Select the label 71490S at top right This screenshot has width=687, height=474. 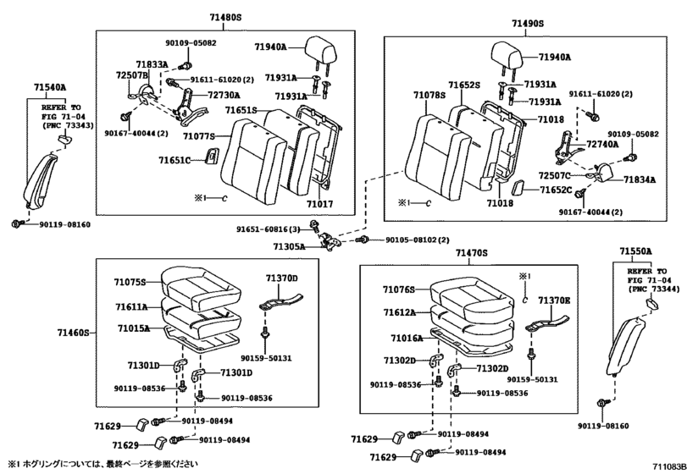528,23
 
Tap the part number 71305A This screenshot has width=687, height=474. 289,246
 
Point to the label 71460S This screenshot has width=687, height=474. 73,333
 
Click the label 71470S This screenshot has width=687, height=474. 471,253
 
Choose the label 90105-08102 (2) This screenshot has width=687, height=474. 417,240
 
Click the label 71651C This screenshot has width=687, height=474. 175,160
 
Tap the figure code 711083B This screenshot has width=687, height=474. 668,466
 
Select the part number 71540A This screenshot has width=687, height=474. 50,87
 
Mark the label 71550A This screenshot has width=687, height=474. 635,251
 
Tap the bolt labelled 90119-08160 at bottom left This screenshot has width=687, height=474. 18,223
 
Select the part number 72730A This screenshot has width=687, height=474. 224,95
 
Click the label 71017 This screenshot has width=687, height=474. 319,203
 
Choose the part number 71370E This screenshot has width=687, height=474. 554,300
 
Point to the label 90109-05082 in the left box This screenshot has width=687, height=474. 191,43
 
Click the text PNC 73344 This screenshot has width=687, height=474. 655,289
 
